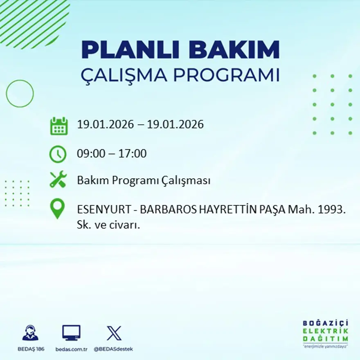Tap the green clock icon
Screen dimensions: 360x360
pyautogui.click(x=58, y=154)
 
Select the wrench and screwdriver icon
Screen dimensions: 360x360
pyautogui.click(x=58, y=180)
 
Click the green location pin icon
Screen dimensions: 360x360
pyautogui.click(x=57, y=208)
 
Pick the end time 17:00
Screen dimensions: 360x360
pyautogui.click(x=133, y=154)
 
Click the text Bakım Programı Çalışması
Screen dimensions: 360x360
pyautogui.click(x=144, y=180)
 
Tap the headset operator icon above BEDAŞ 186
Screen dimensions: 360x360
pyautogui.click(x=30, y=333)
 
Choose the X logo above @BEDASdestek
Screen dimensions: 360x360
pyautogui.click(x=114, y=333)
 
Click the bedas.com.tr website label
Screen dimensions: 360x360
pyautogui.click(x=71, y=349)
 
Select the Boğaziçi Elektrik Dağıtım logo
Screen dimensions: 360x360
pyautogui.click(x=326, y=333)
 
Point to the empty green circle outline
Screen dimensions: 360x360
pyautogui.click(x=20, y=94)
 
